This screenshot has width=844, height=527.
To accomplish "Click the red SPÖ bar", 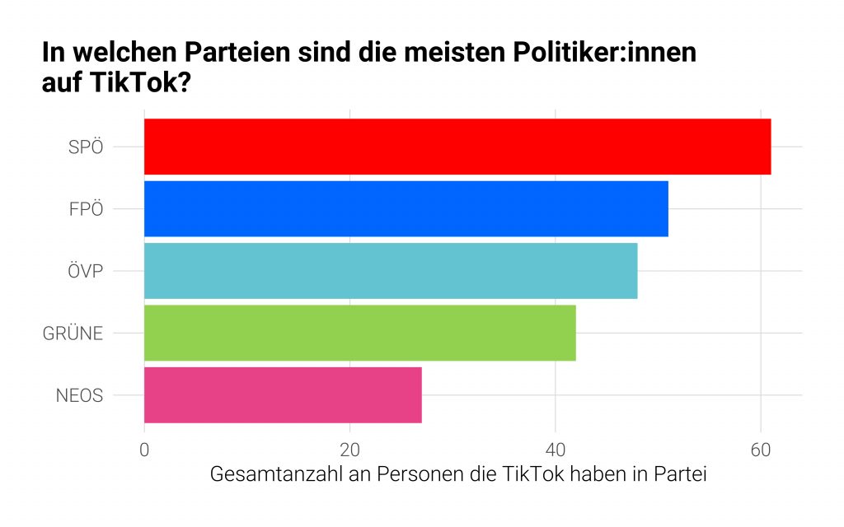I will point(457,147).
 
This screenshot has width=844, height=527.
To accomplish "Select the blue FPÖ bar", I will point(406,208).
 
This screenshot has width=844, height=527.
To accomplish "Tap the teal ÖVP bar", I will point(391,271).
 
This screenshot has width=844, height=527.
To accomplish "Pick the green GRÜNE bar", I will point(359,333).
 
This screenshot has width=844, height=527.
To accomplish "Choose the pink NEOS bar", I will point(283,395).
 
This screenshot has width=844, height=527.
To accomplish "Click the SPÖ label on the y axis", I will point(86,147).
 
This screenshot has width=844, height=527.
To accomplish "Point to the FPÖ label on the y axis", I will point(86,209).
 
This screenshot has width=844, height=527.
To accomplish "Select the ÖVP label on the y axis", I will point(85,271).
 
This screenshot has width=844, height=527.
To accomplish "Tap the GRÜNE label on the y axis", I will point(73,333).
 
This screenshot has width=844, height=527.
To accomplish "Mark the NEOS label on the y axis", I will point(79,395).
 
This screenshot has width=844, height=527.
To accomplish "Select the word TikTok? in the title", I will point(147,83).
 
